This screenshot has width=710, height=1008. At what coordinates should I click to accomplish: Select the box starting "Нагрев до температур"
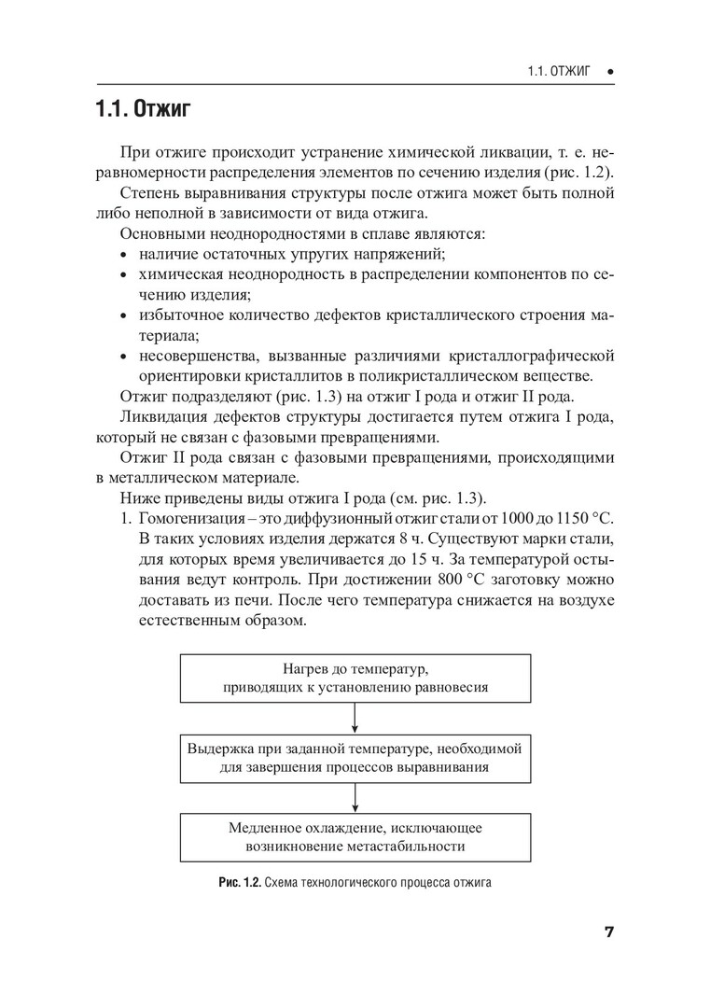tap(356, 679)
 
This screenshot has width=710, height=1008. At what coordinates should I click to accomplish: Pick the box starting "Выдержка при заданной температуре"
tap(356, 758)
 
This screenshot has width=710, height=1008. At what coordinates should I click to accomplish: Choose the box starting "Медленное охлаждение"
tap(356, 837)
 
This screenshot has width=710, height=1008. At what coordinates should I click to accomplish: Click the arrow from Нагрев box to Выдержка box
tap(356, 719)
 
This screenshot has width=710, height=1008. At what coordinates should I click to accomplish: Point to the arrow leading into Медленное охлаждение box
tap(356, 798)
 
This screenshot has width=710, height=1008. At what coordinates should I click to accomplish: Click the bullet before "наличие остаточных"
tap(124, 254)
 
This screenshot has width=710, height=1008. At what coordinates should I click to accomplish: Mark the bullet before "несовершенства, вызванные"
tap(124, 357)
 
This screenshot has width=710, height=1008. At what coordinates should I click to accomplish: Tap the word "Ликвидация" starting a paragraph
tap(162, 418)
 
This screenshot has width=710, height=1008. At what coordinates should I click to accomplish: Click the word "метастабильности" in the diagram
tap(410, 847)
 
